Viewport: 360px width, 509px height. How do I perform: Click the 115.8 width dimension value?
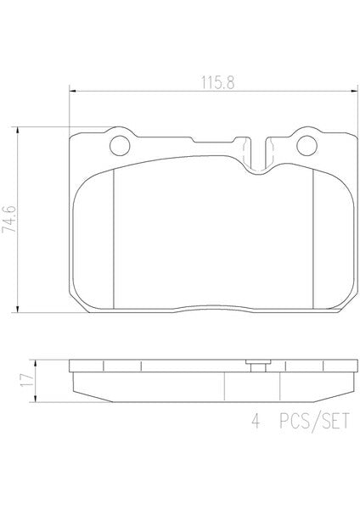(217, 82)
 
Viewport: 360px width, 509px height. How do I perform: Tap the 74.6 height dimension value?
(9, 219)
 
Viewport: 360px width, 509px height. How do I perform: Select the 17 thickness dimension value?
(26, 380)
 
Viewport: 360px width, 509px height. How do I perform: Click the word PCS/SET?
(314, 422)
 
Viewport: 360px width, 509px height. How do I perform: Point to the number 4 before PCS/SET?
(256, 421)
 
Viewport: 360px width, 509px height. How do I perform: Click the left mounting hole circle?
(120, 145)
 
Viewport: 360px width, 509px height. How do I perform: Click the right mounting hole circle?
(307, 145)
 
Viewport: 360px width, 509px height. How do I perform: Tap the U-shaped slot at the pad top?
(259, 155)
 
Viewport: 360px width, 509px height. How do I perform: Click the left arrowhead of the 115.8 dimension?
(73, 92)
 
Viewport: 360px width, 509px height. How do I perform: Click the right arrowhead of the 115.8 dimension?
(354, 92)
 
